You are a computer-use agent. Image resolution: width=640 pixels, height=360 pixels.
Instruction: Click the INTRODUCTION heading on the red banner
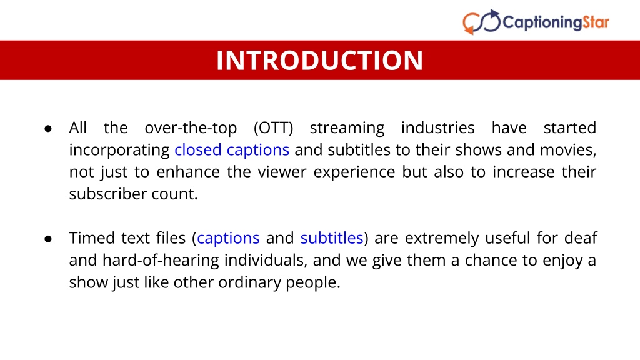click(319, 61)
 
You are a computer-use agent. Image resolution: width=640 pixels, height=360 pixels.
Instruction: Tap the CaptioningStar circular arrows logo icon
click(482, 22)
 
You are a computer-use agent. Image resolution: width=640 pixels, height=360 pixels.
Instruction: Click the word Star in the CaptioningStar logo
click(596, 22)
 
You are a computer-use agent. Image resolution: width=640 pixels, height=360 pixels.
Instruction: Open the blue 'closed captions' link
click(232, 150)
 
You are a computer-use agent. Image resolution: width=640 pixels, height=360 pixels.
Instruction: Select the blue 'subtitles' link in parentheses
click(332, 238)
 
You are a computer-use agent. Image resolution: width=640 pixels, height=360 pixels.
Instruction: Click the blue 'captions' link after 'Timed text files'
click(228, 238)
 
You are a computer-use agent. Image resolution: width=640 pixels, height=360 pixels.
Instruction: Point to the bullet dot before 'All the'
click(48, 129)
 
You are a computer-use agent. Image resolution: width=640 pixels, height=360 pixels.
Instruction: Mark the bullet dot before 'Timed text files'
click(48, 239)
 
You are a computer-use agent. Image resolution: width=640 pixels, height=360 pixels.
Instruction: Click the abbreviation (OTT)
click(274, 127)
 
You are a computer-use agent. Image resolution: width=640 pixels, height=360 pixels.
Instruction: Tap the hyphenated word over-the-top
click(191, 128)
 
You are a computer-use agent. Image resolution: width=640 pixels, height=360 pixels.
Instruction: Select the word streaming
click(347, 128)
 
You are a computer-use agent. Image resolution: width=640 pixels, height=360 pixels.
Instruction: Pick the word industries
click(438, 127)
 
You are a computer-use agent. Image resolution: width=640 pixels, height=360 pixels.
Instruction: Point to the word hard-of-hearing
click(161, 261)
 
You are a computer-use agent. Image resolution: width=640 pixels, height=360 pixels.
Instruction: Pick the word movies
click(568, 150)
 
